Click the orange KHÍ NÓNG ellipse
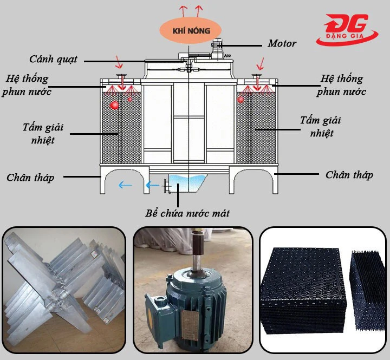[x=191, y=30]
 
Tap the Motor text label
[x=282, y=43]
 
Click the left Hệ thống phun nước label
[x=27, y=85]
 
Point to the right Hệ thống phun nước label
[x=341, y=86]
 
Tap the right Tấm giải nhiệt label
[x=321, y=126]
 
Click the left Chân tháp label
[x=30, y=178]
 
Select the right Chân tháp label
[x=349, y=175]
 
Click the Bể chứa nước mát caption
[x=187, y=213]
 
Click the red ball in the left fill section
[x=114, y=104]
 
